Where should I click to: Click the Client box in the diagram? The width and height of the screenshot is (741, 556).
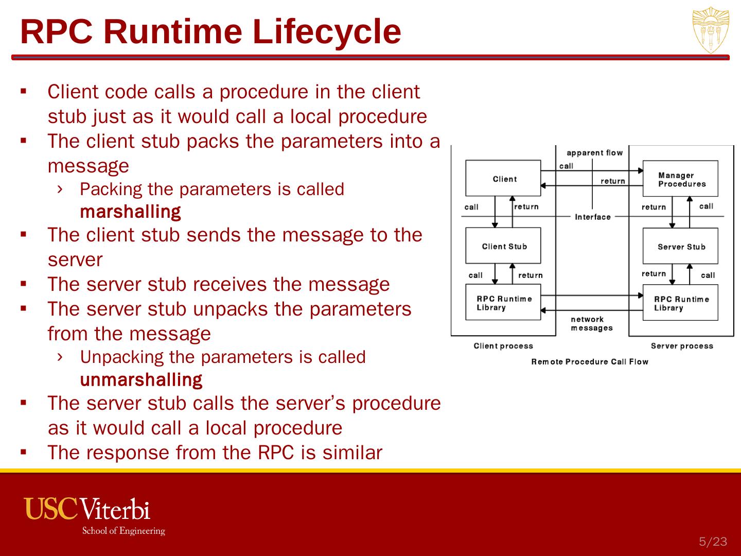(503, 178)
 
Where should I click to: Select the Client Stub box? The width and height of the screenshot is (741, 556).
(503, 246)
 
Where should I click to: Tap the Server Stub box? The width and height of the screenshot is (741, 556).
(680, 246)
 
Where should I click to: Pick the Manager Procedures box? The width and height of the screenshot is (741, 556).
(680, 179)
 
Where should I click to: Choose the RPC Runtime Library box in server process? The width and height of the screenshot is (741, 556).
(680, 303)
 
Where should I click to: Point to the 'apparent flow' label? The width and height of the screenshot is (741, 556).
(594, 152)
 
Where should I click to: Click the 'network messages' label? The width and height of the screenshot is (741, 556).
(591, 323)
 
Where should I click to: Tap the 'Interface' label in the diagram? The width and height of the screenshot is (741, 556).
(592, 217)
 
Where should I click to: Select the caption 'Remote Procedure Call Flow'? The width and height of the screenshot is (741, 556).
(589, 361)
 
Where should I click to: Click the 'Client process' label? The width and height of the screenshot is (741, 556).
(503, 345)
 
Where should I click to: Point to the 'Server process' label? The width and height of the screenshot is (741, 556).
(681, 345)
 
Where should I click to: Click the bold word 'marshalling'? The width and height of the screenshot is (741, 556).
(130, 212)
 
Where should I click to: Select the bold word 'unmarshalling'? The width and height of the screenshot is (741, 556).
(141, 379)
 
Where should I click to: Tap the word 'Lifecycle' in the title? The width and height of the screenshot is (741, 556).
(327, 31)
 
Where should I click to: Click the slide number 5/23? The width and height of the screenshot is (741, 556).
(713, 541)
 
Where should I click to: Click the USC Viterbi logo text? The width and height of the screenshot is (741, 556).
(87, 508)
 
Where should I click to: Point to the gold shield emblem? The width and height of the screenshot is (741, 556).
(711, 30)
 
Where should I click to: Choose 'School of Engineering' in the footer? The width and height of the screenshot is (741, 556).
(123, 531)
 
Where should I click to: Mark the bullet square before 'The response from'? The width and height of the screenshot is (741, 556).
(23, 453)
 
